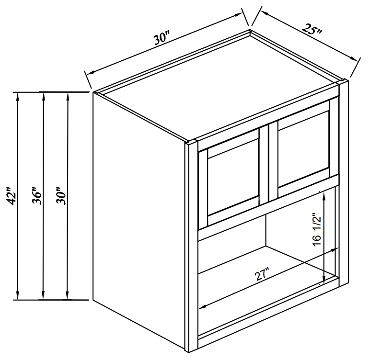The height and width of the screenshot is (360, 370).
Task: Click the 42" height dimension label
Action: (12, 196)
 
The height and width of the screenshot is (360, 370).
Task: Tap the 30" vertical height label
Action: (61, 196)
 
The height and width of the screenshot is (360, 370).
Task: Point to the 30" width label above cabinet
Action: (162, 38)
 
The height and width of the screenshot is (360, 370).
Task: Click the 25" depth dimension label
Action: (312, 29)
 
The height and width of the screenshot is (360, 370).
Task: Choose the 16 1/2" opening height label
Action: (318, 230)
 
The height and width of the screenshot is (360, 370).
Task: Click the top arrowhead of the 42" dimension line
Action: (17, 97)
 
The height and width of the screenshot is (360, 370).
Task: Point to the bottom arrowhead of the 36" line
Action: (43, 295)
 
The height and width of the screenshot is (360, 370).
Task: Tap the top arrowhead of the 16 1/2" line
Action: (324, 195)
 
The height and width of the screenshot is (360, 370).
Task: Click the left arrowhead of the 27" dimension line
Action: (203, 306)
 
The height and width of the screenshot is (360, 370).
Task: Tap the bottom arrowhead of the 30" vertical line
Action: (68, 295)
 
